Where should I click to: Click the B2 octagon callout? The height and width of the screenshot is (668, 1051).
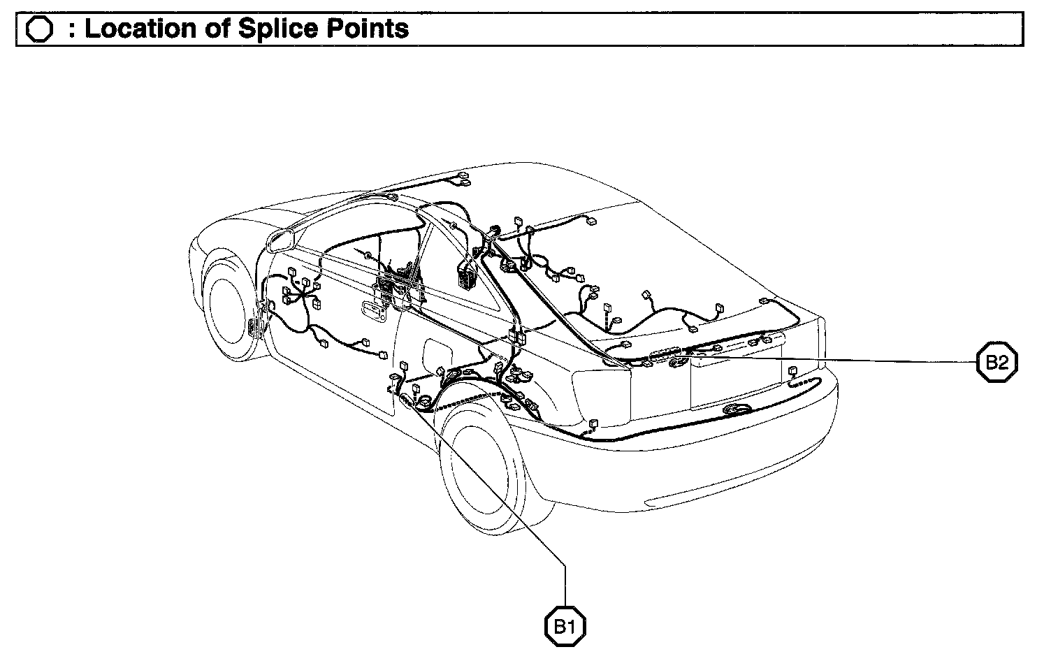[996, 362]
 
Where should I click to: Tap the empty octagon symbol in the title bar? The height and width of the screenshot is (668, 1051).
[39, 30]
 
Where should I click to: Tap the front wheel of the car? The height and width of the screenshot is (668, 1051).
[227, 307]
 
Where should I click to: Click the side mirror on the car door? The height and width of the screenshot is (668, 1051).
[279, 240]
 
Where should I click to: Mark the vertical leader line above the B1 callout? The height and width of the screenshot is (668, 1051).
[565, 583]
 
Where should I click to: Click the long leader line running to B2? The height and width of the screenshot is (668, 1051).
[839, 358]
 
